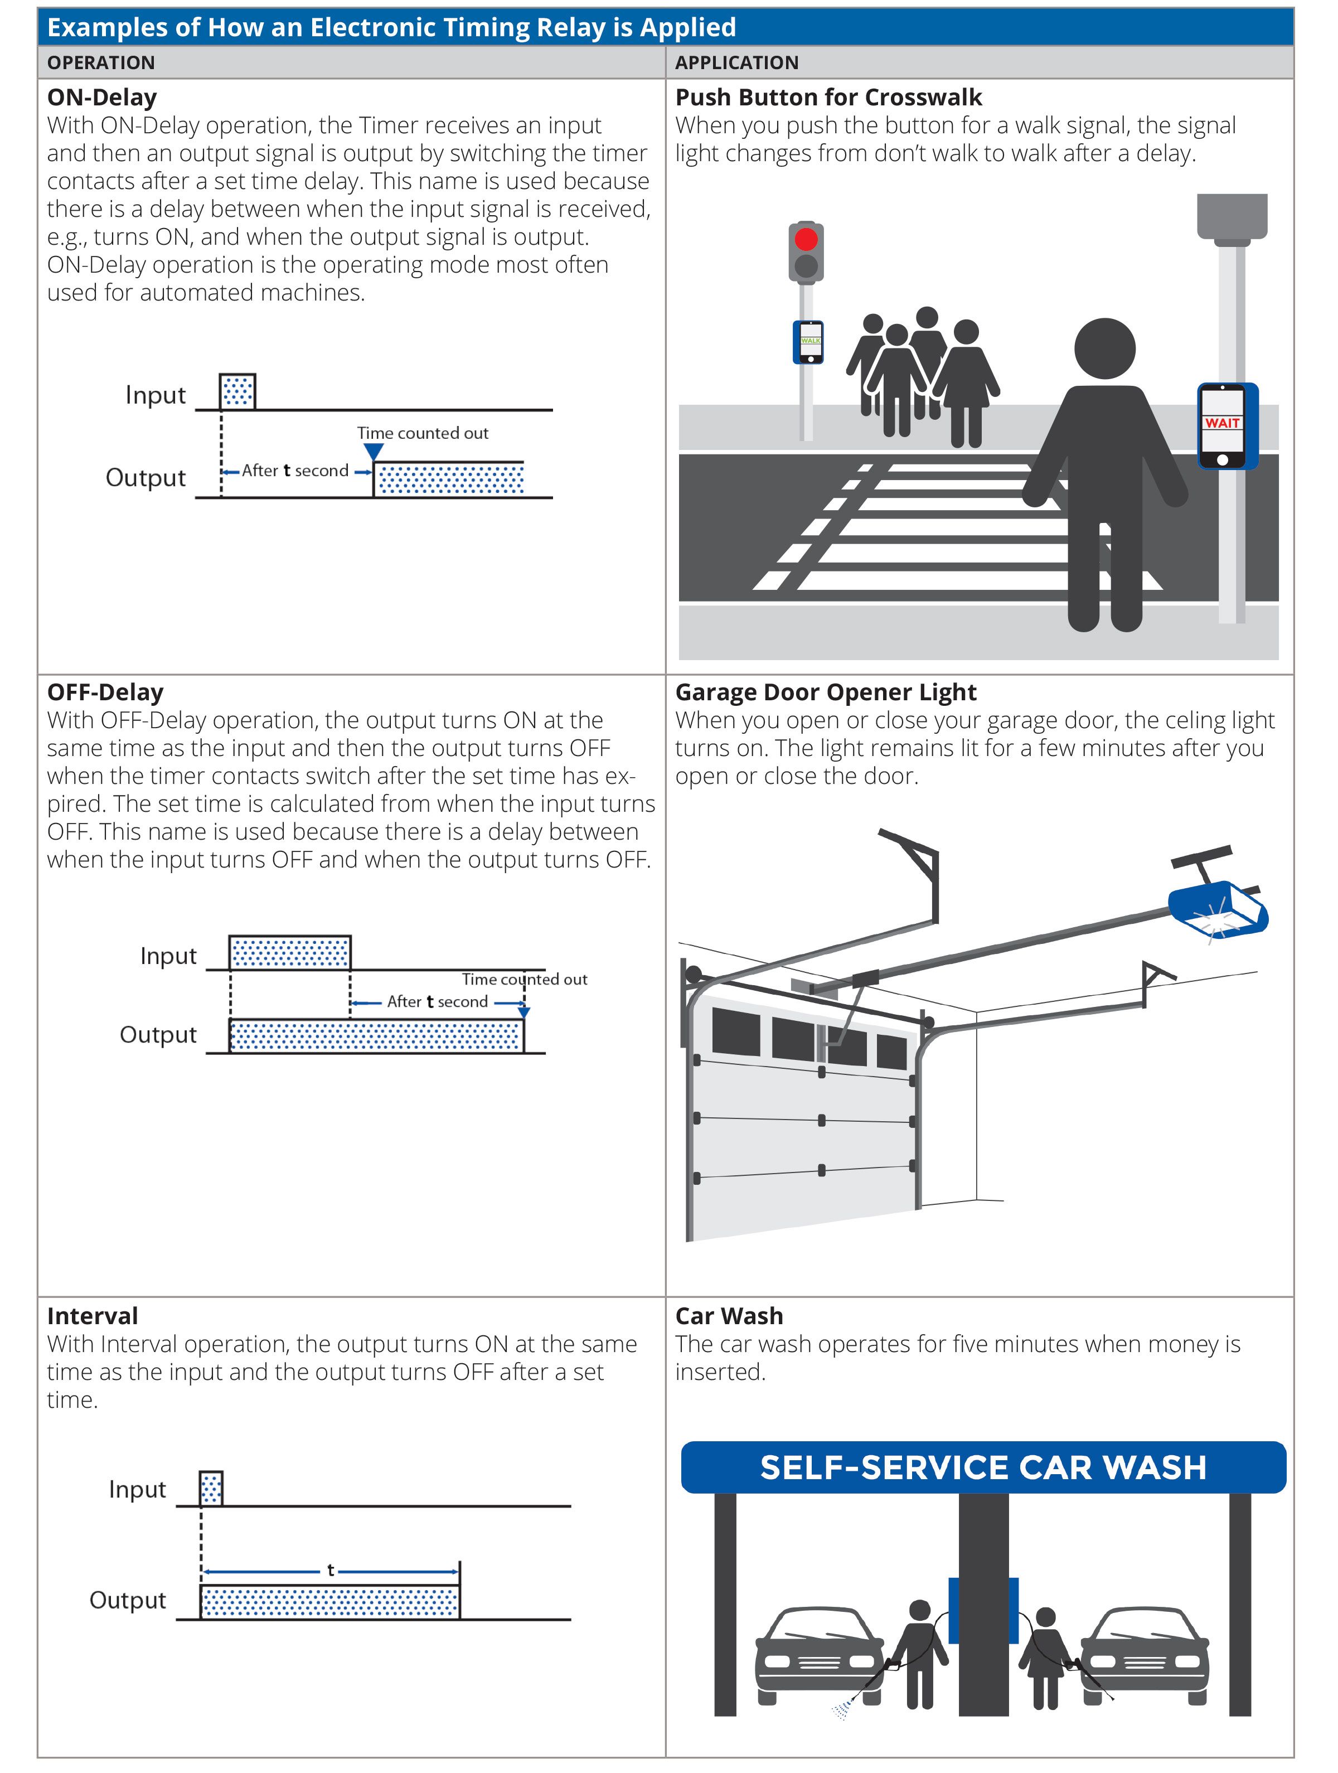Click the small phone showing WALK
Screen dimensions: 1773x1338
(x=809, y=341)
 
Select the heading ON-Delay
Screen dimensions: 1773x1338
(x=102, y=97)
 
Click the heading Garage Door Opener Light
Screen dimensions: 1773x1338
(x=826, y=692)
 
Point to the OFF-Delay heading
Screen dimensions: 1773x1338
(x=105, y=692)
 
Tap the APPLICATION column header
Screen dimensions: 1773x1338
(x=737, y=62)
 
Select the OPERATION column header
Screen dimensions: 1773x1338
(x=101, y=62)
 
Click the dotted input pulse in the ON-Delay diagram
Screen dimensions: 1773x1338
(x=237, y=392)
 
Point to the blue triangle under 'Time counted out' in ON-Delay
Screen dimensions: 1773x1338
(x=373, y=452)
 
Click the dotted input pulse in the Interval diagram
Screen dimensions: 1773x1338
(x=211, y=1489)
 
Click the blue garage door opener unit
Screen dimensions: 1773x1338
(x=1217, y=908)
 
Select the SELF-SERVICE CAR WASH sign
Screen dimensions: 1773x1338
(x=983, y=1467)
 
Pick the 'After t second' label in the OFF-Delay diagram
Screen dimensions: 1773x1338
(x=437, y=1001)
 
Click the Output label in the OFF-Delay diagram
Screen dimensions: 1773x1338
(x=158, y=1035)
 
